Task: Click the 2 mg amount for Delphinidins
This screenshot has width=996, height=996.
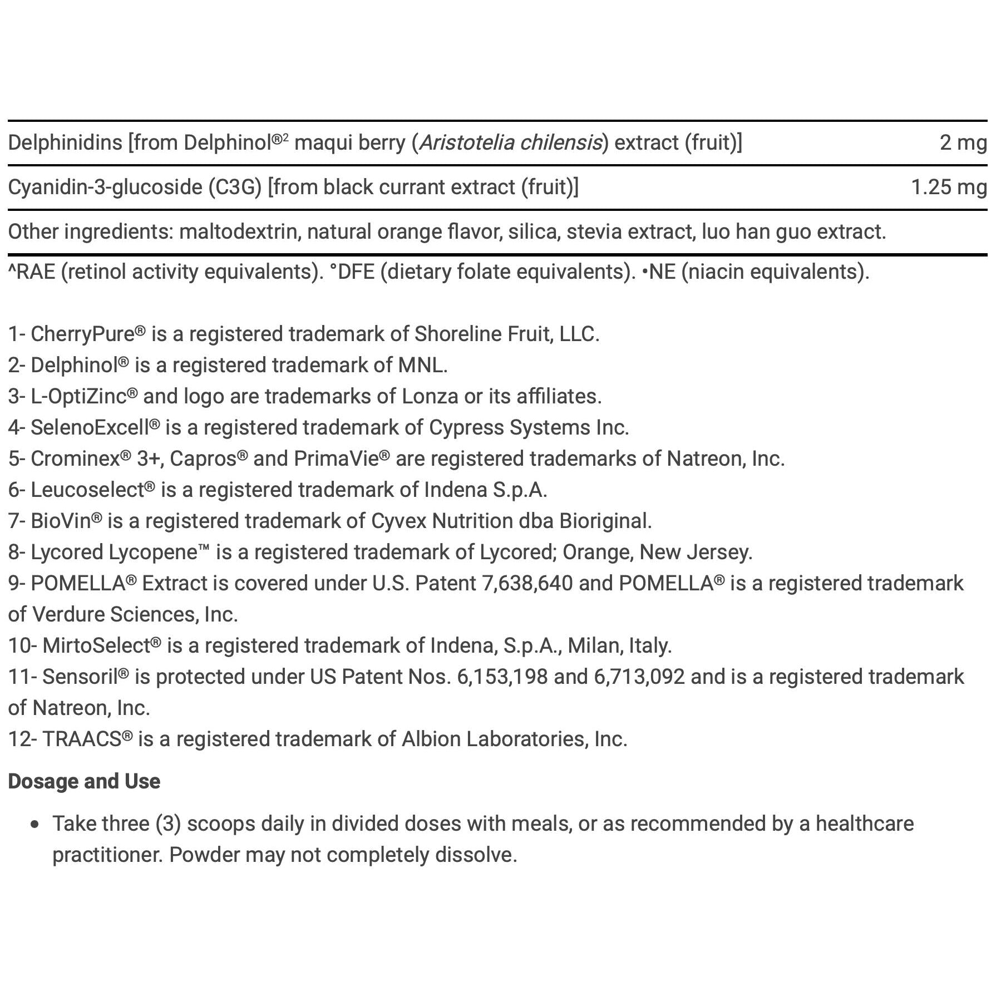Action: click(x=963, y=143)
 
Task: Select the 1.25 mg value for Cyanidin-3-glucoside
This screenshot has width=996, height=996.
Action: click(x=948, y=188)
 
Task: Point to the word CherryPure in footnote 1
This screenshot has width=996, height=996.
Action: click(x=82, y=334)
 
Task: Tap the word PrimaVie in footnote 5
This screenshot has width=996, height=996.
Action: click(x=336, y=458)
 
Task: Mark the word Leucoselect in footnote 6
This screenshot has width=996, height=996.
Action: click(x=87, y=490)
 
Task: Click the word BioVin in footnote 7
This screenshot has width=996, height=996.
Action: click(x=61, y=521)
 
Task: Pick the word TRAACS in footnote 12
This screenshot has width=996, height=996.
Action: click(x=82, y=739)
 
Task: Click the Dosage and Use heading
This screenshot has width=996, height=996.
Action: click(x=84, y=782)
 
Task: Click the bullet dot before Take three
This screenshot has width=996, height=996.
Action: click(x=36, y=825)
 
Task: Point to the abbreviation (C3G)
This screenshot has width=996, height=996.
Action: click(x=235, y=188)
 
